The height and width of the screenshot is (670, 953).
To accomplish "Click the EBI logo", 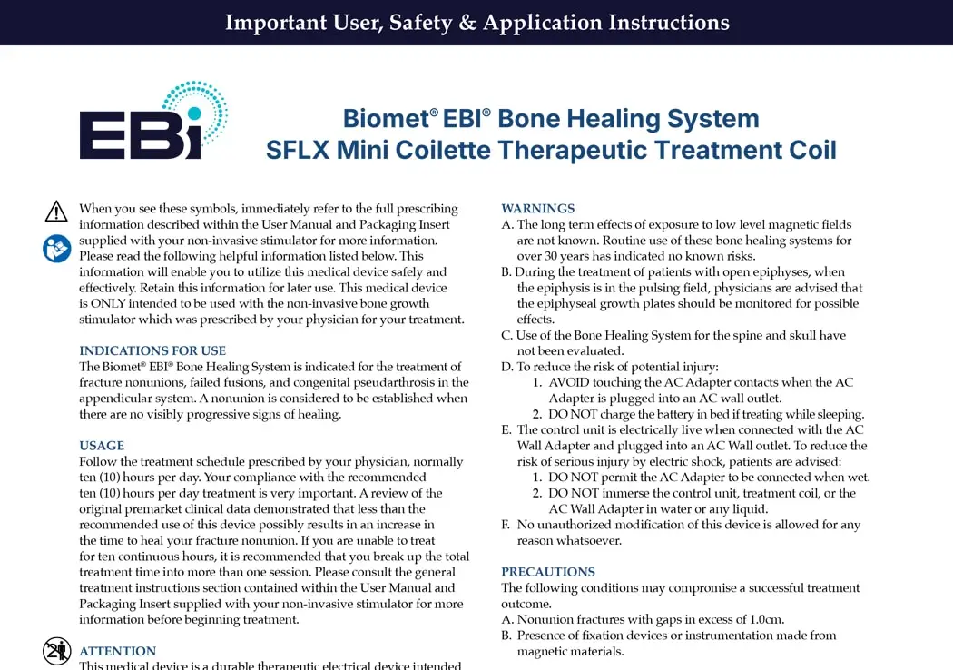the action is [153, 121].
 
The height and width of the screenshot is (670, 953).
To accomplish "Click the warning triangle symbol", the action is [56, 212].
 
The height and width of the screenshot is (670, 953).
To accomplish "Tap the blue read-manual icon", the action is [56, 249].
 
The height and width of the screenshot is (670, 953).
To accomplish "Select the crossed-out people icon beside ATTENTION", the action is [56, 651].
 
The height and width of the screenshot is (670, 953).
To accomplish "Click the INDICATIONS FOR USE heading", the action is [152, 350].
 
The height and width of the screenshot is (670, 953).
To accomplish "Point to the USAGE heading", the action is [102, 446].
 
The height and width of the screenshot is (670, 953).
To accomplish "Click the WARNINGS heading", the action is [538, 209].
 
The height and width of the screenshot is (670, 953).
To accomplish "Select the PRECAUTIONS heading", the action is [548, 572].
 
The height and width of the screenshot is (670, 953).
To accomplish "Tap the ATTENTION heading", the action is [118, 651].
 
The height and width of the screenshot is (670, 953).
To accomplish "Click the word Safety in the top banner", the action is [420, 23].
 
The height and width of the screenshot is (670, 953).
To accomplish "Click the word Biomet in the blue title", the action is [389, 119].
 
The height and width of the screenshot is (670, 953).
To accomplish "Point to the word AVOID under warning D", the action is [569, 382].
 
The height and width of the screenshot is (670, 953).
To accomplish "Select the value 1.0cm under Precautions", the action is [766, 619].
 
